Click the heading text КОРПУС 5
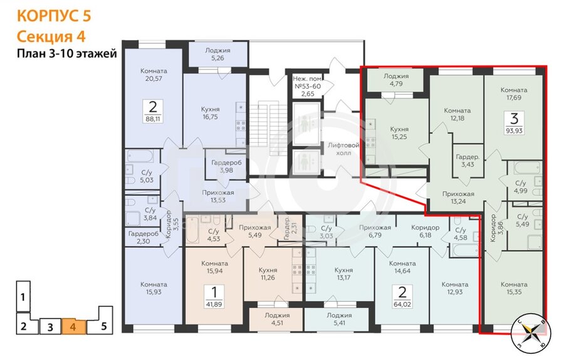(x=54, y=16)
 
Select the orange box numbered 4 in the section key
(x=73, y=327)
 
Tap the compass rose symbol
(x=530, y=332)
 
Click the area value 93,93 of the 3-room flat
(x=514, y=130)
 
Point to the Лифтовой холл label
(x=343, y=149)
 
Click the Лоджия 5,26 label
(x=217, y=54)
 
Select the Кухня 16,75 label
(x=210, y=113)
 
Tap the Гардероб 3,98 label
(x=226, y=166)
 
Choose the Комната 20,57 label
(x=154, y=75)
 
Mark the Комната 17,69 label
(x=514, y=93)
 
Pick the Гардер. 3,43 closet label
(x=467, y=161)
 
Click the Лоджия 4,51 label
(x=277, y=319)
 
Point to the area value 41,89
(x=214, y=304)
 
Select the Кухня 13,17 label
(x=343, y=274)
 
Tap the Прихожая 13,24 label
(x=458, y=198)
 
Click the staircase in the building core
(x=264, y=128)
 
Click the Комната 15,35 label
(x=514, y=288)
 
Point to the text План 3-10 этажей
(x=67, y=54)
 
